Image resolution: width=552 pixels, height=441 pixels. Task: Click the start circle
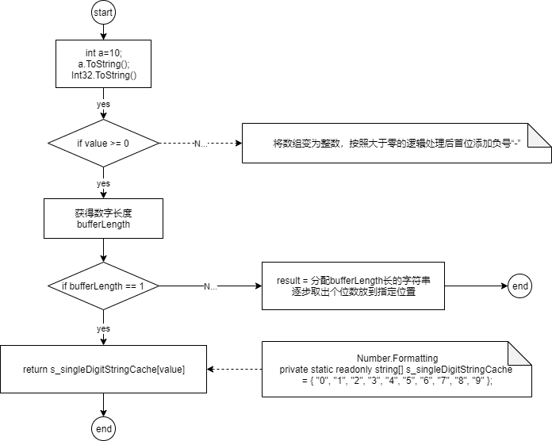103,13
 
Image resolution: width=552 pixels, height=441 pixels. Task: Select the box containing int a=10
103,63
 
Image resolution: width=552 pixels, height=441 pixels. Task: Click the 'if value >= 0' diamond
103,144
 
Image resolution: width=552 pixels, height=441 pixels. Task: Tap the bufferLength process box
103,219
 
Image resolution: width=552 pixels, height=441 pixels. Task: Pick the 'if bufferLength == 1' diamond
103,286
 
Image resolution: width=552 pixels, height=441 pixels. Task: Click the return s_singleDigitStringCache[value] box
103,369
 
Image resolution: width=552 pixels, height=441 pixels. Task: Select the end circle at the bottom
103,428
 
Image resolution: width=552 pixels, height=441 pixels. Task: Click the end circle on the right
520,286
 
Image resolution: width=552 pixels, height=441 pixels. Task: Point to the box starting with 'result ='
353,286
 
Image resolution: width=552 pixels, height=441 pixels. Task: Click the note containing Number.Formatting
397,369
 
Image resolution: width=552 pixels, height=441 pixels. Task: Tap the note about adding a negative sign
397,144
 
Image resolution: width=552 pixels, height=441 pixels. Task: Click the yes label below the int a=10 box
103,104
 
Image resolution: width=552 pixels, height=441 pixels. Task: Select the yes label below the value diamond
103,183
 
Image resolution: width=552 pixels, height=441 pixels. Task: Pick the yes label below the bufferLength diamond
103,328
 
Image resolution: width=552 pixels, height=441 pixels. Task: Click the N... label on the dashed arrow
201,144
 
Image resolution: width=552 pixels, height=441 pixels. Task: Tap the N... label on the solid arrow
210,286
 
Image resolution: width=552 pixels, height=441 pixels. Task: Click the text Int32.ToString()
104,75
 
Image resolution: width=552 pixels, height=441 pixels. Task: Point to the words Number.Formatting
397,359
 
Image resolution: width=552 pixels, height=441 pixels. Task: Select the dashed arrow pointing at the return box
235,369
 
